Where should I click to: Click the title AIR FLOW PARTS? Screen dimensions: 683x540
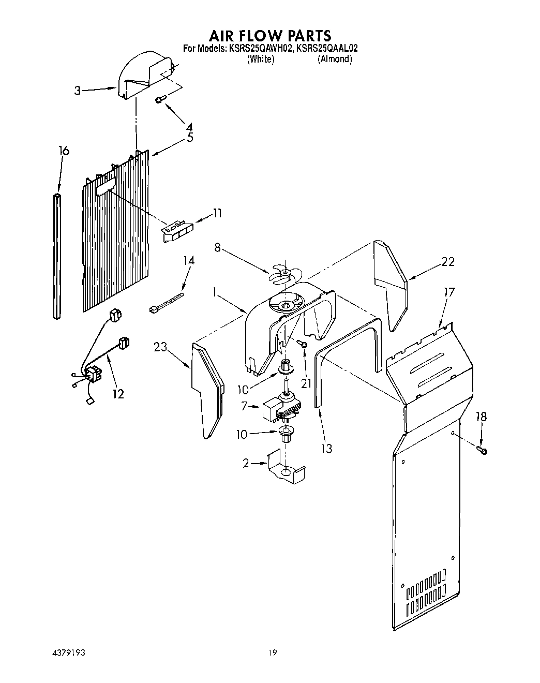tap(269, 36)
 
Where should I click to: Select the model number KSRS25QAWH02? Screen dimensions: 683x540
tap(261, 49)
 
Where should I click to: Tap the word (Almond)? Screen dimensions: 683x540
tap(335, 59)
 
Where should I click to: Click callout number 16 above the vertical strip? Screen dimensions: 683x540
tap(64, 151)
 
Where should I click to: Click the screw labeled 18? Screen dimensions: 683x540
tap(484, 451)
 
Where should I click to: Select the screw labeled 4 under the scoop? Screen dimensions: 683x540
tap(160, 99)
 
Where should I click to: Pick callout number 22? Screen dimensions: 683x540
tap(447, 262)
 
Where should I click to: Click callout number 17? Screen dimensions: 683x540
tap(449, 292)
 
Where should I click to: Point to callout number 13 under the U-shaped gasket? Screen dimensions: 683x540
tap(326, 448)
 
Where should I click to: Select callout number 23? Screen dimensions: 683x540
tap(160, 347)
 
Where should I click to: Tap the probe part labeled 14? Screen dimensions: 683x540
tap(167, 304)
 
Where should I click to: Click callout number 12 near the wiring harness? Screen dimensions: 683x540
tap(118, 394)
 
